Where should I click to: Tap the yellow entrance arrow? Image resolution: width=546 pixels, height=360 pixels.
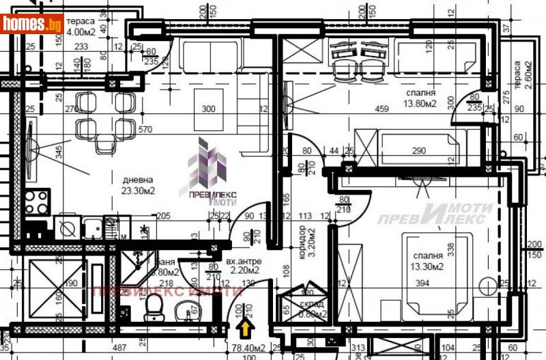pos(244,331)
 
